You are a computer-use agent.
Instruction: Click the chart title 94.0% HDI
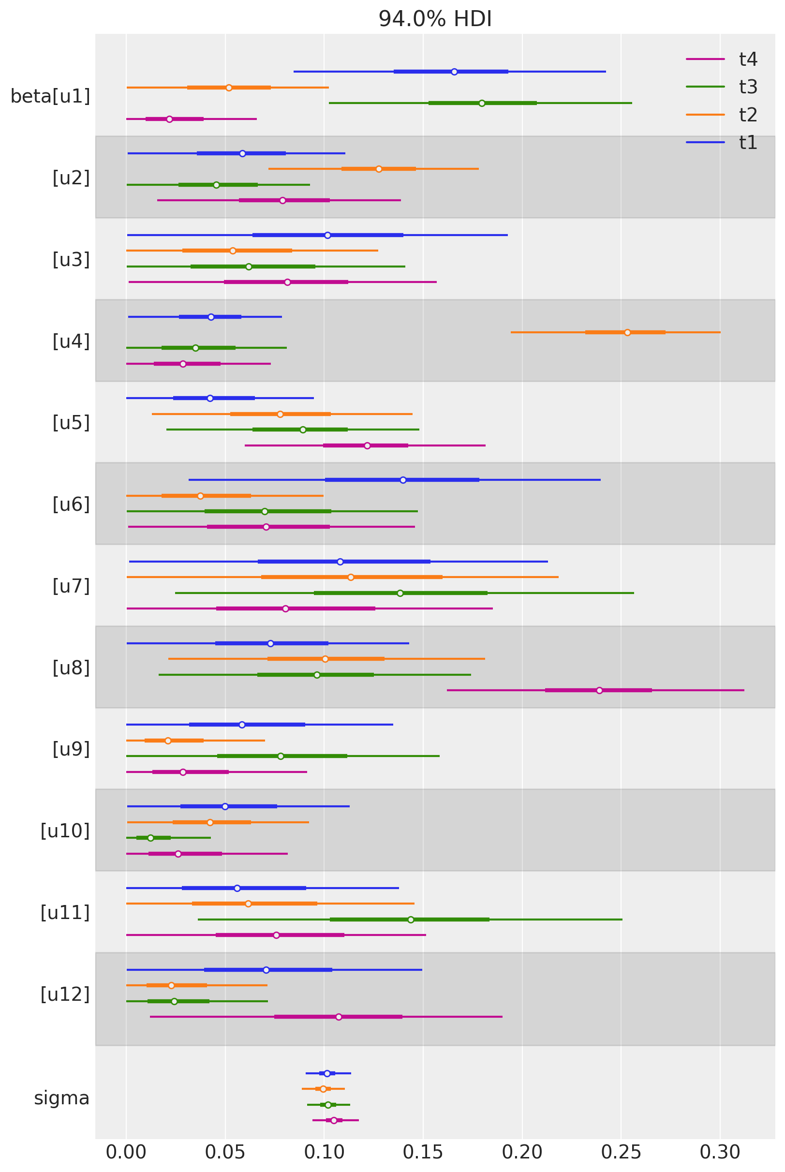pyautogui.click(x=435, y=19)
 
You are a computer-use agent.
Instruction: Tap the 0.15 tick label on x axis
pyautogui.click(x=423, y=1152)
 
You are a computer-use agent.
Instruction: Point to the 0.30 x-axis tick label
pyautogui.click(x=720, y=1152)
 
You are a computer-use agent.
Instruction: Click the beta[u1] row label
pyautogui.click(x=50, y=96)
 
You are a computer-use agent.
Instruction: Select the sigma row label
pyautogui.click(x=61, y=1098)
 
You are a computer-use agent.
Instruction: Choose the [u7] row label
pyautogui.click(x=71, y=586)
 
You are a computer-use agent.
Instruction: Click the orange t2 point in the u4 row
pyautogui.click(x=627, y=332)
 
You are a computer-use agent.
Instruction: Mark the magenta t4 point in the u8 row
pyautogui.click(x=599, y=690)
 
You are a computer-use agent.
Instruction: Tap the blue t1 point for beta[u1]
pyautogui.click(x=454, y=72)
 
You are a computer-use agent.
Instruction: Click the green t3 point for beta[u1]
pyautogui.click(x=482, y=103)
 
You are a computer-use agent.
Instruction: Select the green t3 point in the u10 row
pyautogui.click(x=151, y=838)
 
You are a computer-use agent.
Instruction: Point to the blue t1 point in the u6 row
pyautogui.click(x=403, y=480)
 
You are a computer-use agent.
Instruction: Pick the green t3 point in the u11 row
pyautogui.click(x=411, y=920)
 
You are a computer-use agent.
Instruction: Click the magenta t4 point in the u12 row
pyautogui.click(x=339, y=1017)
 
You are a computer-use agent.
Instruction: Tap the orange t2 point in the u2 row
pyautogui.click(x=379, y=169)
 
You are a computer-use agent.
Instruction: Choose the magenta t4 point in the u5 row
pyautogui.click(x=368, y=445)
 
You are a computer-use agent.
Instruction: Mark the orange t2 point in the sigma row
pyautogui.click(x=324, y=1089)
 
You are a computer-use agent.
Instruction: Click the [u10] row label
pyautogui.click(x=65, y=831)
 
